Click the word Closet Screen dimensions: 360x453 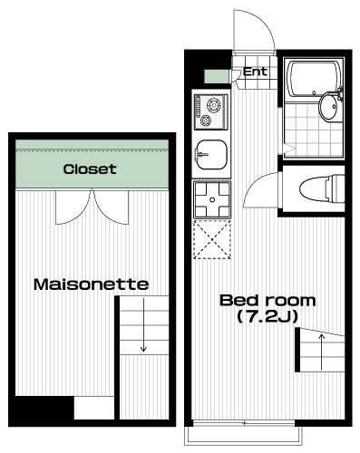pos(90,169)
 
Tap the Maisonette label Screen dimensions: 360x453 pos(91,284)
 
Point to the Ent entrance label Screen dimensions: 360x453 pos(255,72)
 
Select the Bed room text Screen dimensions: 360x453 pos(268,301)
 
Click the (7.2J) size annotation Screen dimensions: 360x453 pos(268,317)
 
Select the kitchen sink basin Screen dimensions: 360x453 pos(211,155)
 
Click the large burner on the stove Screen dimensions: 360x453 pos(214,105)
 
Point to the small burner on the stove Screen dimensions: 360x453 pos(206,120)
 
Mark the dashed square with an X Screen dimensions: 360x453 pos(212,240)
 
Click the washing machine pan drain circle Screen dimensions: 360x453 pos(212,199)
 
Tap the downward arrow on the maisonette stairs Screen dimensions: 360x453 pos(143,324)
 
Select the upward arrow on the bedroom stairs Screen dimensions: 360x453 pos(321,352)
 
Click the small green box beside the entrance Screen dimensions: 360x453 pos(217,76)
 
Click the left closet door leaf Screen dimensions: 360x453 pos(73,207)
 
